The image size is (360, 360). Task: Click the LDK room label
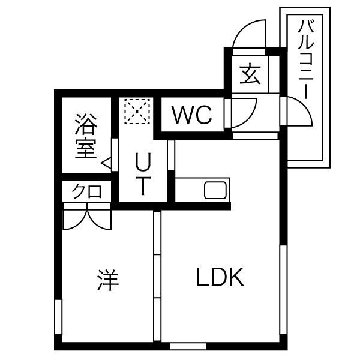[220, 277]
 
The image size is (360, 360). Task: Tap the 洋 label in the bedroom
[108, 280]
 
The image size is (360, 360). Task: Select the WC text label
[192, 115]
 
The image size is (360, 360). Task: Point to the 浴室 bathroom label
[86, 136]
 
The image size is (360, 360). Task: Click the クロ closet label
[86, 191]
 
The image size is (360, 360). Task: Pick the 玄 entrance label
[250, 74]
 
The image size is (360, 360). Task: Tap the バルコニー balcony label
[305, 59]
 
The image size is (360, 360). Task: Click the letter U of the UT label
[143, 161]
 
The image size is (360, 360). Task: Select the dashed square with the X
[137, 112]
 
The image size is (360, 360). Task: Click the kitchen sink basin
[215, 190]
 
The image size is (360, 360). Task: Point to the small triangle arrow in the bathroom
[106, 163]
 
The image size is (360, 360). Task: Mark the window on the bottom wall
[188, 346]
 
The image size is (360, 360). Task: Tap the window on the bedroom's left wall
[58, 317]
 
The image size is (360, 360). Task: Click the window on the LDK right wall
[283, 290]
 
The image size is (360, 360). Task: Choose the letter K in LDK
[236, 277]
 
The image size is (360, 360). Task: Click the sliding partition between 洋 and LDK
[157, 276]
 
